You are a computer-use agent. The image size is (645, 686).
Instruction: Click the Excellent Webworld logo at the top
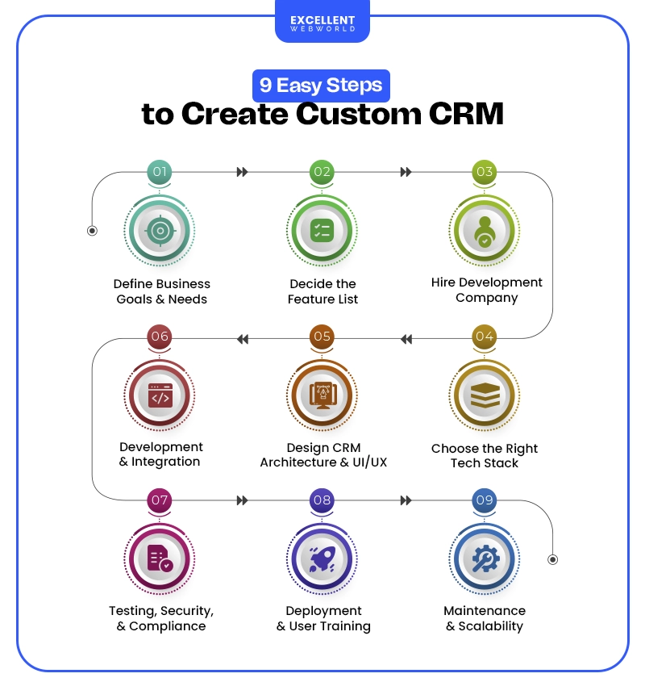coord(322,23)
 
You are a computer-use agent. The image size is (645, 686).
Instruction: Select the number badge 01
coord(160,172)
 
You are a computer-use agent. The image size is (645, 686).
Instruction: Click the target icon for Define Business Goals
coord(160,231)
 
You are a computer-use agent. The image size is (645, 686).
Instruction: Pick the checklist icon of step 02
coord(322,231)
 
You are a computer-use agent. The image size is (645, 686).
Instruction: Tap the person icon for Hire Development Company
coord(484,231)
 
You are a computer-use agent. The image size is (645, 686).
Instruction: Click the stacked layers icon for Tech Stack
coord(484,396)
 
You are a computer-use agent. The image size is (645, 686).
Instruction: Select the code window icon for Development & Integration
coord(160,395)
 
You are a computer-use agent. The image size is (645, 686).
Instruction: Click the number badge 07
coord(160,500)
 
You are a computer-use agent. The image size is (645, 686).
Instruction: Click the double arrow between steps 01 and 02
coord(242,172)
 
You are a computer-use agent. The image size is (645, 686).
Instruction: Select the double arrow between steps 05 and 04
coord(406,339)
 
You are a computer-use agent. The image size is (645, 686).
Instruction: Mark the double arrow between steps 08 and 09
coord(406,500)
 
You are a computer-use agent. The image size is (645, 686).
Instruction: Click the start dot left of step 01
coord(92,231)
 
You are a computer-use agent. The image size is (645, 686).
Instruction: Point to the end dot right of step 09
coord(552,558)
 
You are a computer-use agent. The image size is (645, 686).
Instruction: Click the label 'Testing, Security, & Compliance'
coord(161,618)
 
